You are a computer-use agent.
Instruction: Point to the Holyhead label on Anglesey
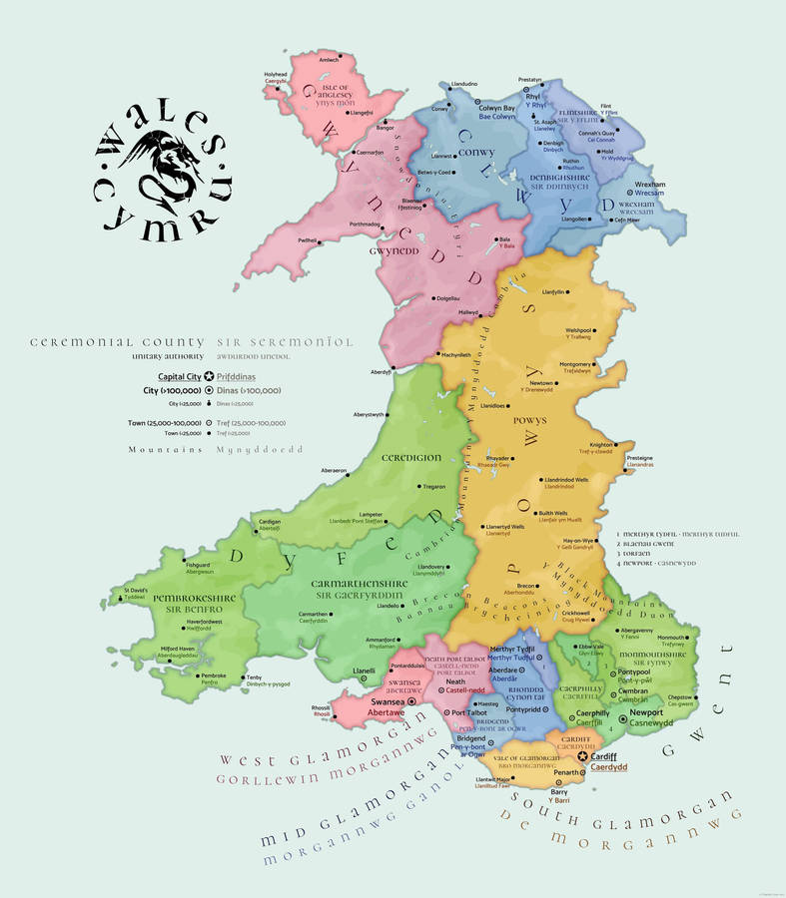point(276,74)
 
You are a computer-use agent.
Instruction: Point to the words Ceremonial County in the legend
point(117,342)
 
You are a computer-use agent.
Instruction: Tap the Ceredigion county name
point(410,458)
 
